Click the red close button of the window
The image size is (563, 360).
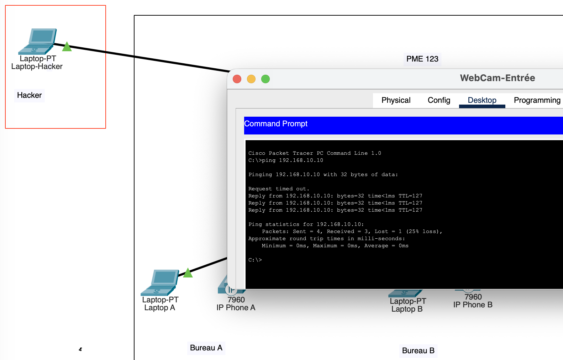237,79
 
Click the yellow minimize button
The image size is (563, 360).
251,79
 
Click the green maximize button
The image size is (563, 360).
265,79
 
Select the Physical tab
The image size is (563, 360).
396,100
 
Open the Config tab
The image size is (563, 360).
439,100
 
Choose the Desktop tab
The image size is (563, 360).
482,100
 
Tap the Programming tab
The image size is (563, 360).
537,100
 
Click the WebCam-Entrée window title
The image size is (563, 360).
497,78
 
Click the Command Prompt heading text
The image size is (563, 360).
276,124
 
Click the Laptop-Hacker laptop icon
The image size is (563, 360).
38,41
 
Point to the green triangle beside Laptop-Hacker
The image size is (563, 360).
67,47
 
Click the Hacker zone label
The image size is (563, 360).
30,95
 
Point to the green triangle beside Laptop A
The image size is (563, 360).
188,273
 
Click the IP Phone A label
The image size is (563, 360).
236,308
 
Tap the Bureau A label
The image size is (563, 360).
206,348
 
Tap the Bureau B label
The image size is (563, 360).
418,351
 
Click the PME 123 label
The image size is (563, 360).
422,59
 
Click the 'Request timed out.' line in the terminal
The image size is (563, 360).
279,189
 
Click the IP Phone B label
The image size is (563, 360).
473,305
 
